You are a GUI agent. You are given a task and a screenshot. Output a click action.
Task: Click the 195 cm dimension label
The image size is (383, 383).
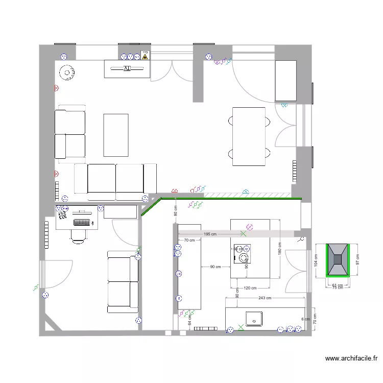[x=209, y=234]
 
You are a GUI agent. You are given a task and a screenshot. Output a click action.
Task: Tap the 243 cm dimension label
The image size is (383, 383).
[x=265, y=298]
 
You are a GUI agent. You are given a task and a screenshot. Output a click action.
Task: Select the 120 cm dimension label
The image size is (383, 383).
[x=250, y=288]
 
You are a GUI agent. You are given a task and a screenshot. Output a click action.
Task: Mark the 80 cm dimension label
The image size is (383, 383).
[x=175, y=210]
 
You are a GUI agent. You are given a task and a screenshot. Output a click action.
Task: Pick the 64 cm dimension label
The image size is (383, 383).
[x=189, y=320]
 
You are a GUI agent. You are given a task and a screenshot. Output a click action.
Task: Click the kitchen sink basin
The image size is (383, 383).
[x=254, y=319]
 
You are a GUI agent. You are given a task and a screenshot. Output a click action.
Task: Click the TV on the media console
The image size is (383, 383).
[x=127, y=68]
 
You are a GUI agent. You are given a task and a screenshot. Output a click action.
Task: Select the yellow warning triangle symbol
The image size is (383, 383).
[x=145, y=56]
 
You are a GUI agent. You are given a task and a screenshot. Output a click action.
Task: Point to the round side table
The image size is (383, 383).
[x=66, y=73]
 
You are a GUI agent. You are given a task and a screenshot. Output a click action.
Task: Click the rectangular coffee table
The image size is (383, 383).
[x=115, y=135]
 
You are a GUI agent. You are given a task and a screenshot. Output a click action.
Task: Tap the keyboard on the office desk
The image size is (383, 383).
[x=82, y=222]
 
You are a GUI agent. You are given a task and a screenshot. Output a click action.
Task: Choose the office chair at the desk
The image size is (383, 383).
[x=78, y=235]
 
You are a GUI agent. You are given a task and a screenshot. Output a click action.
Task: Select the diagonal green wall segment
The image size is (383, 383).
[x=150, y=208]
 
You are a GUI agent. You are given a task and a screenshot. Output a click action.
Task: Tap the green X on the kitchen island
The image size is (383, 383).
[x=243, y=234]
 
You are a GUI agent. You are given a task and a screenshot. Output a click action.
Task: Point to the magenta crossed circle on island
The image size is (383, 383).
[x=250, y=226]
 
